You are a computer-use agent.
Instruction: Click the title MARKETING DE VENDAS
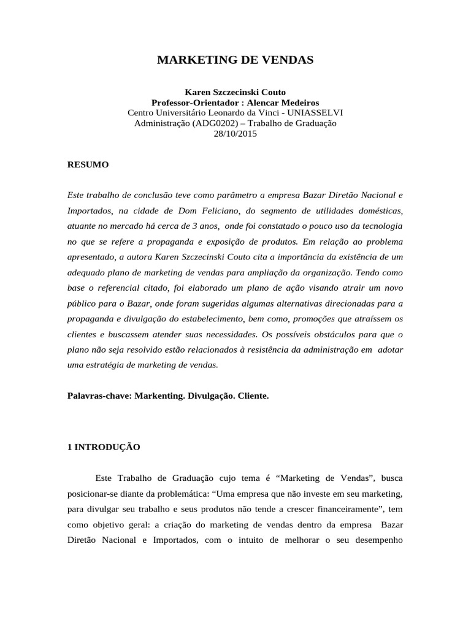(235, 60)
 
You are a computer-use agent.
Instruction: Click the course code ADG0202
(215, 123)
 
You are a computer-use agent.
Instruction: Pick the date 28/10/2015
(235, 134)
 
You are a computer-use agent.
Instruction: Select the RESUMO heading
(88, 164)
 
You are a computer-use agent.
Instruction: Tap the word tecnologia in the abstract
(380, 226)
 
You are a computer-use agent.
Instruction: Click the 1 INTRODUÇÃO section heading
(104, 447)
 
